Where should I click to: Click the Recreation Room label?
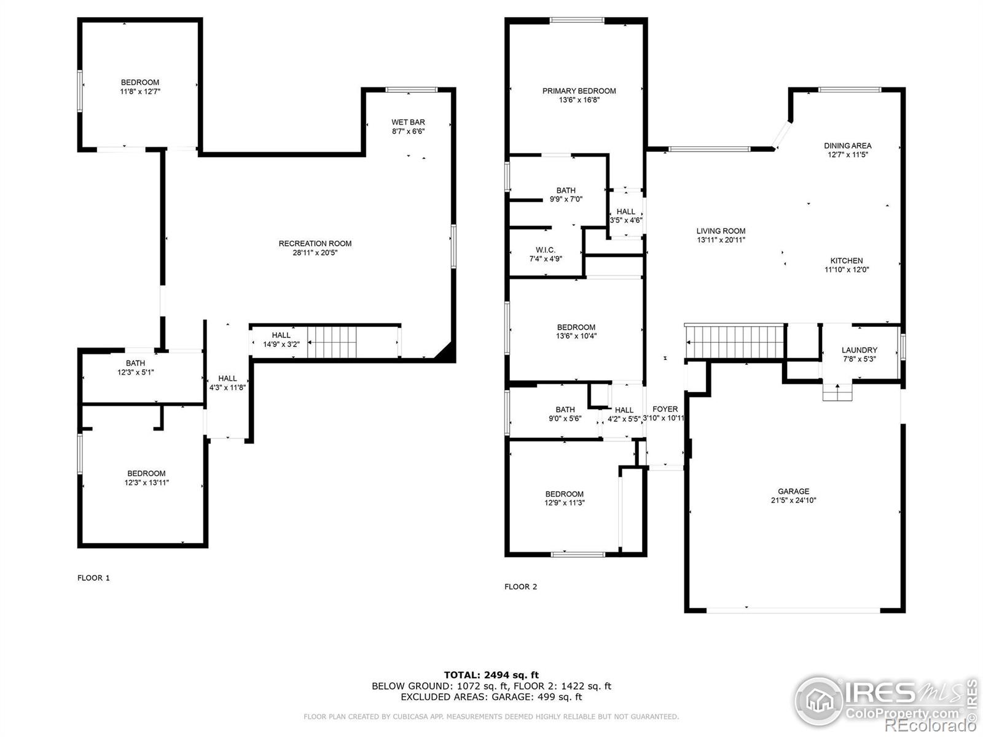315,244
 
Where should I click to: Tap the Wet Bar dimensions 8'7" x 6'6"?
409,131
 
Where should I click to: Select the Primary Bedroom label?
579,91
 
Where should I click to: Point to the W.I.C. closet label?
546,250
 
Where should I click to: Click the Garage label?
793,491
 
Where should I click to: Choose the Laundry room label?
859,350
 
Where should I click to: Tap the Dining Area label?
847,146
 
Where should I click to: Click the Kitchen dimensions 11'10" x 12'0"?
847,270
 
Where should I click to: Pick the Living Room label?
721,231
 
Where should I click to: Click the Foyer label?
665,409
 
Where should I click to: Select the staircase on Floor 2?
735,341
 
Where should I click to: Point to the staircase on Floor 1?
332,342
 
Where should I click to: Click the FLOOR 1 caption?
93,578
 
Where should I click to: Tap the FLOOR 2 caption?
520,587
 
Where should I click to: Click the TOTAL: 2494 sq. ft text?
491,675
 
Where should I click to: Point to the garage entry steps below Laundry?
837,392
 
